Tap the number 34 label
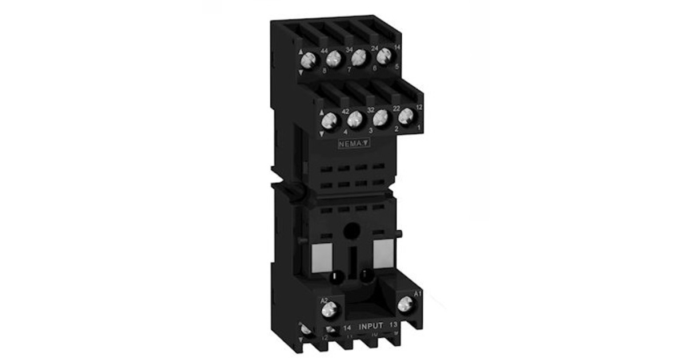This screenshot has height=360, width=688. [x=349, y=49]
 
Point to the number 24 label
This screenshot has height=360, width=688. [x=375, y=48]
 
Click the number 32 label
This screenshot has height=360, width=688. [x=370, y=110]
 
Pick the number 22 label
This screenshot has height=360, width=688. [x=396, y=108]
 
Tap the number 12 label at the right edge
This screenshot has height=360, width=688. [x=419, y=107]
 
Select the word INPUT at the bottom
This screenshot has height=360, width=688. [x=371, y=326]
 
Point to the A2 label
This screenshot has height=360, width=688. [x=324, y=300]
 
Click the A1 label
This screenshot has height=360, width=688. [x=417, y=294]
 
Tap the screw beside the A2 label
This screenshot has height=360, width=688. [x=328, y=311]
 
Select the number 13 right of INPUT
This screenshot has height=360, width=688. [x=393, y=325]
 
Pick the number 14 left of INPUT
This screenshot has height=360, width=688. [x=348, y=327]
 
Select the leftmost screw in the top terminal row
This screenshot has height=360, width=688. [x=309, y=58]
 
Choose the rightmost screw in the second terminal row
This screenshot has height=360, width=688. [x=406, y=117]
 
